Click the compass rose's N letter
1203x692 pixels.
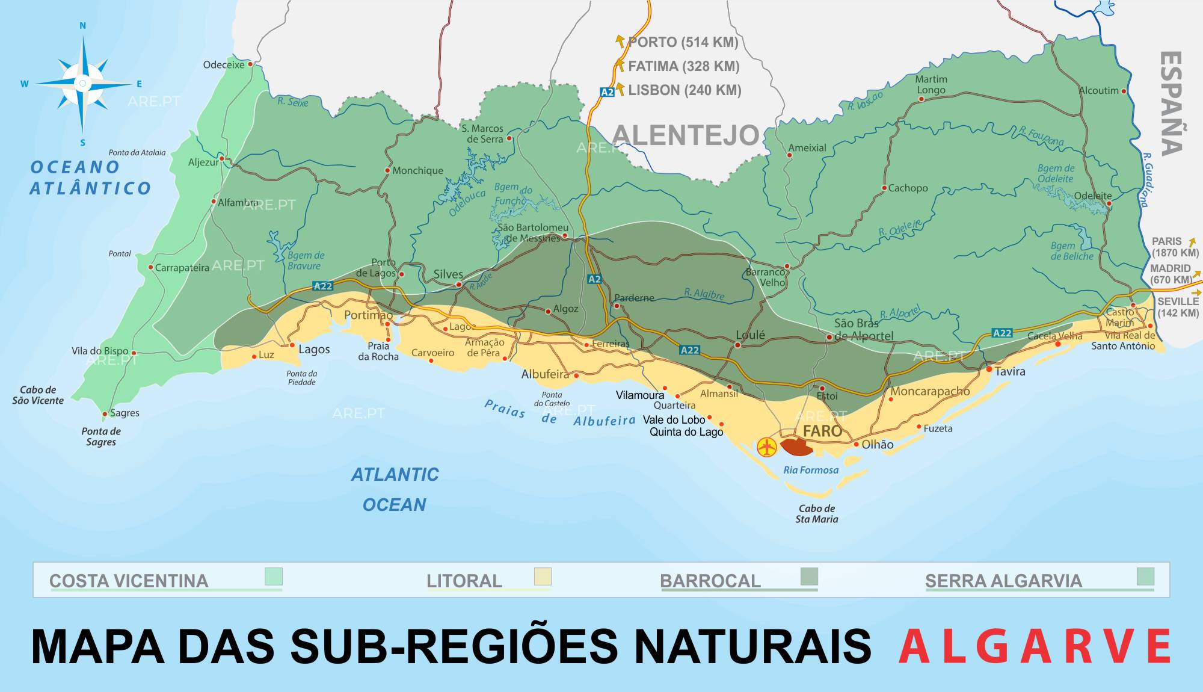click(x=83, y=26)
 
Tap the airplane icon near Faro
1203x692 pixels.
click(x=766, y=447)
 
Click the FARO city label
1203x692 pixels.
click(x=822, y=431)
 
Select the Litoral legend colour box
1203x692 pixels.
click(x=543, y=576)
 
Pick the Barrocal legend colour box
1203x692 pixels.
click(x=809, y=576)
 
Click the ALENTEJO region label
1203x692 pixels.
click(x=686, y=135)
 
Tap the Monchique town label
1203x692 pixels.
click(x=417, y=171)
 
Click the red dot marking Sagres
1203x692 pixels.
click(x=105, y=414)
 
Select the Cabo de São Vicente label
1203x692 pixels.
click(x=38, y=395)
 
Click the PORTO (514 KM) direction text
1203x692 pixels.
click(x=683, y=43)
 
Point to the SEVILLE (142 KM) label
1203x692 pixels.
click(x=1178, y=307)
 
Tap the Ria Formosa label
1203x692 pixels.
click(x=810, y=471)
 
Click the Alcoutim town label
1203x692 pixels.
click(x=1098, y=91)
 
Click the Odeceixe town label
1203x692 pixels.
click(x=224, y=65)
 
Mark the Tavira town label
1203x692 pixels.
click(x=1009, y=372)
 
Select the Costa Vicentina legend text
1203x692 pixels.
click(x=129, y=581)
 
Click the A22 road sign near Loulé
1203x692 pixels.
click(x=689, y=350)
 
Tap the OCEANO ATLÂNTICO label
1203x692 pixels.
click(x=90, y=178)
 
